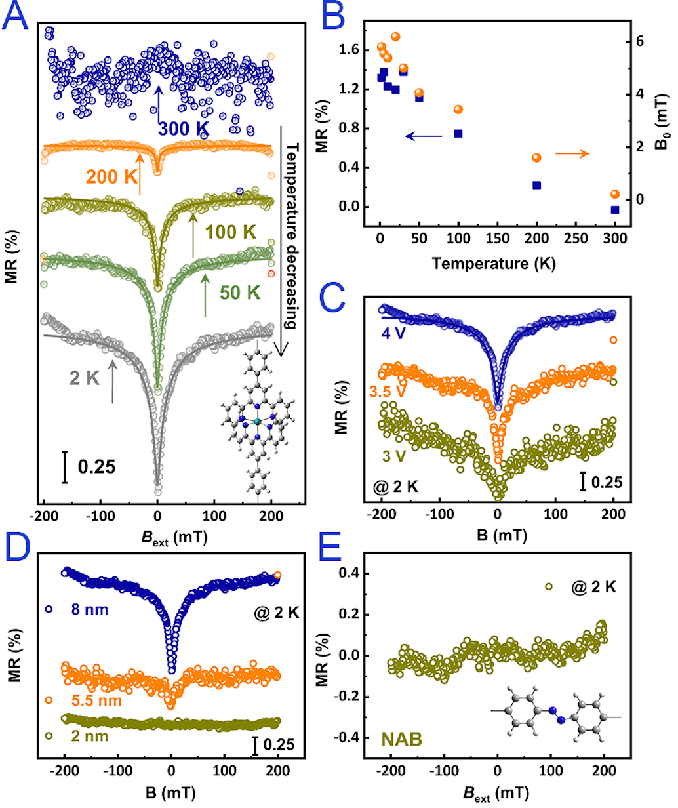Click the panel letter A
click(x=16, y=17)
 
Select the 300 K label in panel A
click(x=185, y=129)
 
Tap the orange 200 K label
click(x=111, y=176)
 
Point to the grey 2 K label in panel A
click(x=85, y=377)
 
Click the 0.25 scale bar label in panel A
click(x=96, y=466)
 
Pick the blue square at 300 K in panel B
click(x=615, y=210)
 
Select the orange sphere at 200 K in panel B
click(x=536, y=157)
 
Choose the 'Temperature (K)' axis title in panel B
click(x=493, y=264)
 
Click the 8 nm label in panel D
click(x=90, y=610)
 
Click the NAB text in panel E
click(x=400, y=739)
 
